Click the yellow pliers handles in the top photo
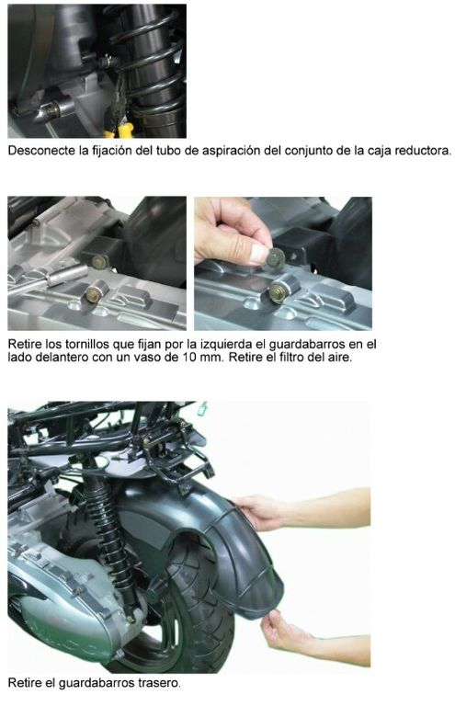(x=119, y=131)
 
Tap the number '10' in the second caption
(x=189, y=358)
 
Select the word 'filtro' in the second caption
(x=298, y=358)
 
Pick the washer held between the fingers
(x=275, y=259)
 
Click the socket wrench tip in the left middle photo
(x=67, y=275)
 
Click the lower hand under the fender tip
(x=283, y=631)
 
